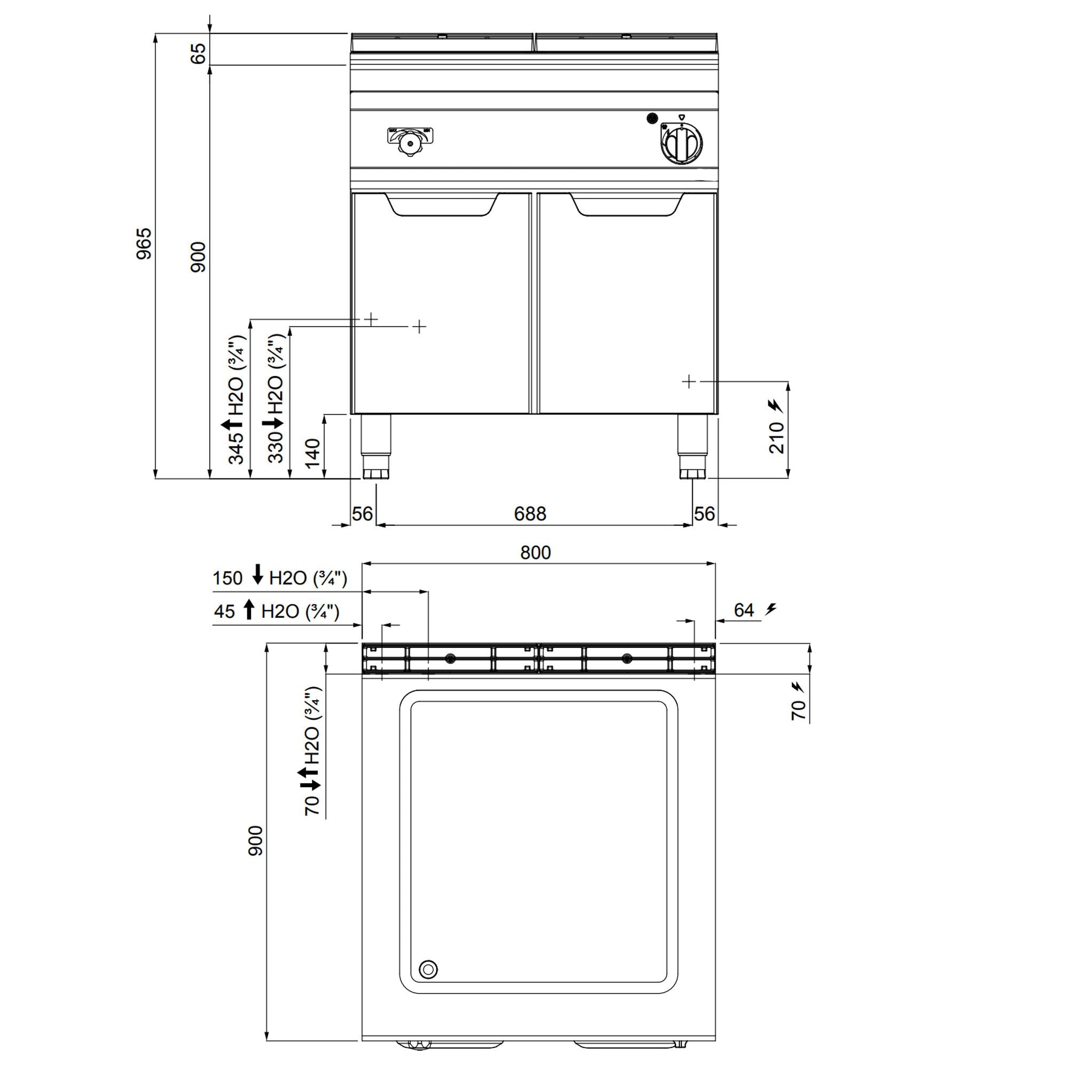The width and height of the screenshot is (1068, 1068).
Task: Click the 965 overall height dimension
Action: (144, 244)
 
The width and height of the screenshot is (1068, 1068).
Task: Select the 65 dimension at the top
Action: (198, 53)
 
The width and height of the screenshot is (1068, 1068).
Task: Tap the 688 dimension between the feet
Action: (530, 514)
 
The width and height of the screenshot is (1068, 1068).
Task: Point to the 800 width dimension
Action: (536, 552)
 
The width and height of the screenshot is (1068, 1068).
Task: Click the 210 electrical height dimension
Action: (776, 437)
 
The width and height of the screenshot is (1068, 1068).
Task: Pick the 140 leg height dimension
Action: (312, 452)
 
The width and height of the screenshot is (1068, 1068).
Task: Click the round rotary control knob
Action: (681, 143)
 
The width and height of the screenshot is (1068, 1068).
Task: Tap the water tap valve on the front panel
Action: (410, 141)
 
